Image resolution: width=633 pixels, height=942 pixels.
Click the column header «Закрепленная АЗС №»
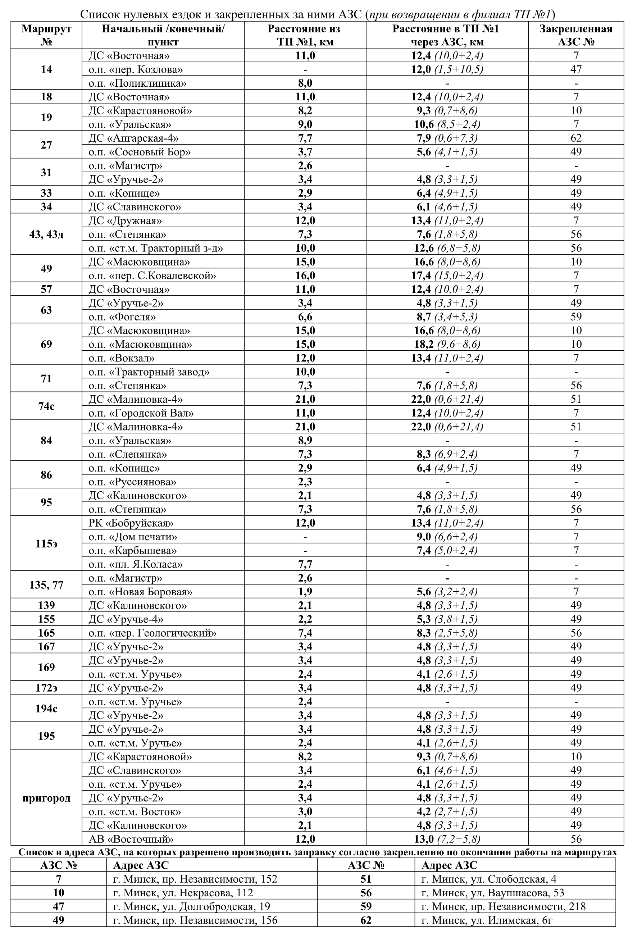[x=576, y=35]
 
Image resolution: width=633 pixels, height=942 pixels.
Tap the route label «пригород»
[x=46, y=798]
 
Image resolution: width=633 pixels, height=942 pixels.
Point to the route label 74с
[x=46, y=406]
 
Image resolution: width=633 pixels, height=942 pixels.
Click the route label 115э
[x=46, y=543]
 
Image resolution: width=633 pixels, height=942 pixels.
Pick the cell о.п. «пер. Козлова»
[x=136, y=69]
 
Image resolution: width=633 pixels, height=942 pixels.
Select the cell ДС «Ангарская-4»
[x=134, y=138]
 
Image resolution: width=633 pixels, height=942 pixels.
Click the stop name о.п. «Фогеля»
[x=122, y=317]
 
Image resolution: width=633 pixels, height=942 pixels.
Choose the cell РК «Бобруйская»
[x=131, y=523]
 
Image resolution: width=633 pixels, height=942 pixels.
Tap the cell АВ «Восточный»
[x=131, y=839]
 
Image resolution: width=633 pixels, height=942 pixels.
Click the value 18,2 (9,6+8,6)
[x=447, y=344]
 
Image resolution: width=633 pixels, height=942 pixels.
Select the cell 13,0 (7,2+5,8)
[x=447, y=839]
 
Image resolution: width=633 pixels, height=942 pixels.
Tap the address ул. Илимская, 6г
[x=487, y=920]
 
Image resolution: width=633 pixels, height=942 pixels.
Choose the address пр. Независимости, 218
[x=503, y=906]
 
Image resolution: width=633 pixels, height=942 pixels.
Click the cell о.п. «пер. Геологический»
[x=152, y=633]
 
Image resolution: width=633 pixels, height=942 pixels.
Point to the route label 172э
[x=46, y=688]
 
